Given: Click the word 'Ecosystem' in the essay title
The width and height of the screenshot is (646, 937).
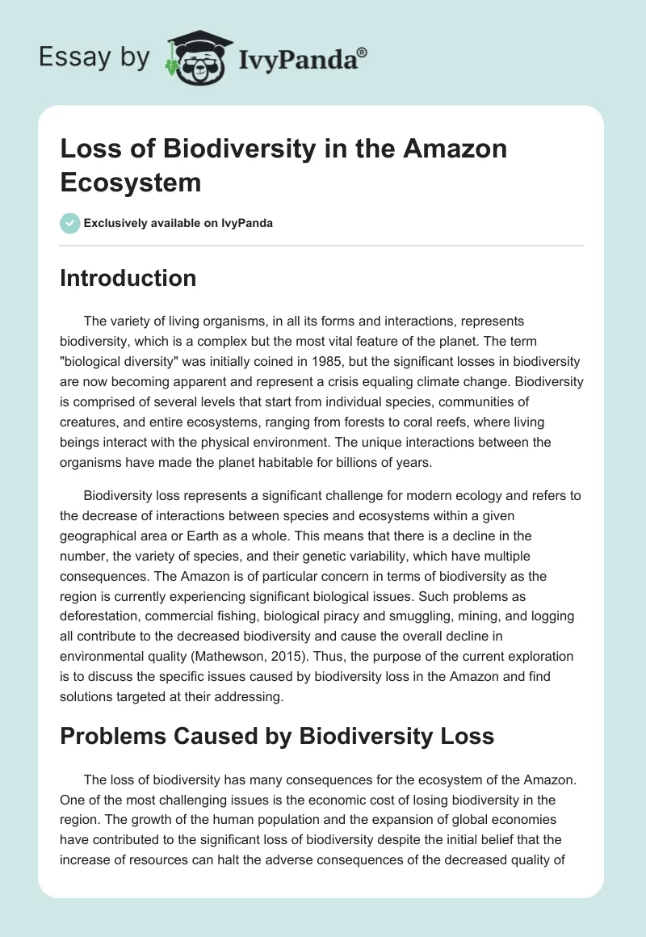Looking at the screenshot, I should tap(131, 182).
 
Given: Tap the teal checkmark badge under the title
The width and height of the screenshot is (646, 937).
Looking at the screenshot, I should tap(70, 223).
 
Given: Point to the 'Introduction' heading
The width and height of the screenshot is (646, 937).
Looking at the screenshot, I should tap(128, 278).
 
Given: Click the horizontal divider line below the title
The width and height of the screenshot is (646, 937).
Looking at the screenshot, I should tap(321, 245).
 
